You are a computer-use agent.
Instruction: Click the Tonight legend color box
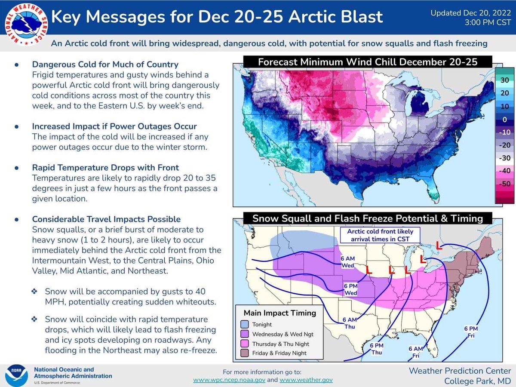[246, 325]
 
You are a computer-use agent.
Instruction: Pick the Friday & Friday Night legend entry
[279, 353]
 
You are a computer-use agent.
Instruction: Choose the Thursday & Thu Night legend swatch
[246, 344]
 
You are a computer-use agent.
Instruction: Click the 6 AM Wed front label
[348, 262]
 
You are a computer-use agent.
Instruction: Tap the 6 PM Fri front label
[471, 332]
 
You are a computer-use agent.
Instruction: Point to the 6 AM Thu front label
[350, 322]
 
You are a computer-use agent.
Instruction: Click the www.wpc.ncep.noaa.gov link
[229, 380]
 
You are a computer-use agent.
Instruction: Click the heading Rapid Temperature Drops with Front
[105, 167]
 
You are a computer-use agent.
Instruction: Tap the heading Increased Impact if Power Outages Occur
[114, 126]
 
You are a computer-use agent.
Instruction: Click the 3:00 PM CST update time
[487, 21]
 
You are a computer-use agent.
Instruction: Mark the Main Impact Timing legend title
[280, 313]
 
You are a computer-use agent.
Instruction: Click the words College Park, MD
[477, 381]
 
